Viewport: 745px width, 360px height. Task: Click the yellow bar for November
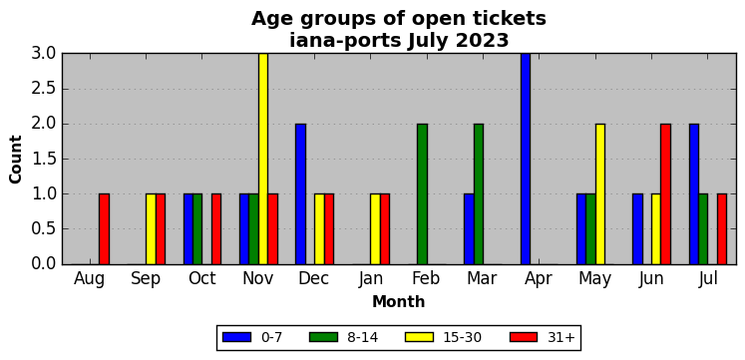pos(263,159)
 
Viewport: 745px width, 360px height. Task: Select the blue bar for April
pos(526,159)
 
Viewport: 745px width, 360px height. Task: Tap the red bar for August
pos(104,229)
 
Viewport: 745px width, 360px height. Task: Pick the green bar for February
pos(423,193)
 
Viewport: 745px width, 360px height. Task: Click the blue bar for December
pos(301,193)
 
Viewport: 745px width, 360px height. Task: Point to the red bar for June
pos(665,193)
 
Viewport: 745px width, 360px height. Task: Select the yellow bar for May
pos(600,193)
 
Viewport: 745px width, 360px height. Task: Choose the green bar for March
pos(479,193)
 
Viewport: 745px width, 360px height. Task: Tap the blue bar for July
pos(694,193)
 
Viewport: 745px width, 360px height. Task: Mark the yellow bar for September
pos(151,229)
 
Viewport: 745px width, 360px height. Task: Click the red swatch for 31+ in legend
pos(524,337)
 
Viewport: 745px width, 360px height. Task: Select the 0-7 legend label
pos(272,338)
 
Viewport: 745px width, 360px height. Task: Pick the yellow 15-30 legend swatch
pos(419,337)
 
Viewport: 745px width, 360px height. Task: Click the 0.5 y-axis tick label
pos(44,229)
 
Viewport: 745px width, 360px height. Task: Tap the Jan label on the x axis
pos(371,279)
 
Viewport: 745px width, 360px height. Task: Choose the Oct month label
pos(201,279)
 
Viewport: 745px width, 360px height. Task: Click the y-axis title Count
pos(16,160)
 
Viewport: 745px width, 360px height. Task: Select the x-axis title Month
pos(399,301)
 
